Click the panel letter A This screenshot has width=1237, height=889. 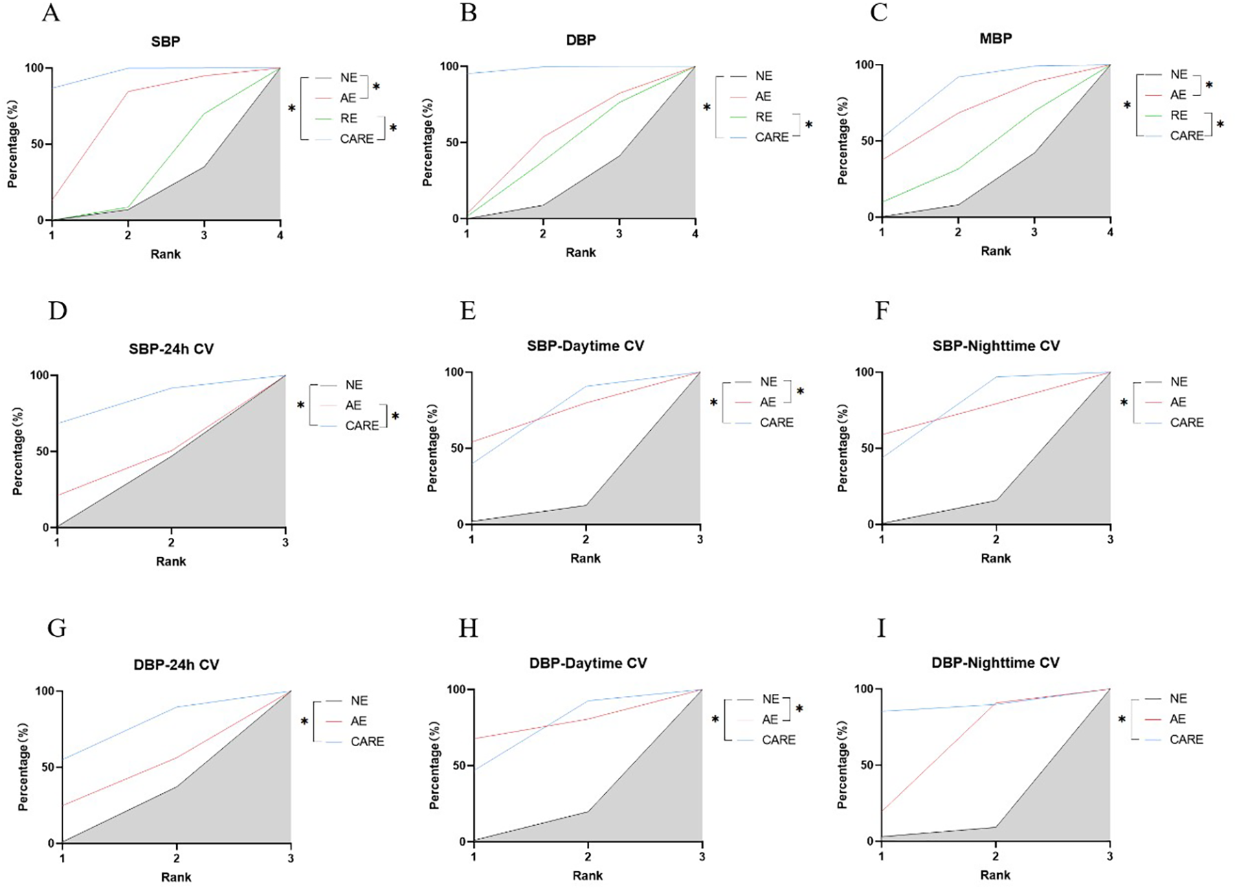pos(51,12)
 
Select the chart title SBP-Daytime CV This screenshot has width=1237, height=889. pos(585,346)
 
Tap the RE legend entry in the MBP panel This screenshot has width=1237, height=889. pos(1179,115)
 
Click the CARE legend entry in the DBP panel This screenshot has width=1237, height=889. pos(771,137)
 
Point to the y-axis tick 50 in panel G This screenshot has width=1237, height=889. pos(48,767)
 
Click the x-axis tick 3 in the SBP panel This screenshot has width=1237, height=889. pos(204,235)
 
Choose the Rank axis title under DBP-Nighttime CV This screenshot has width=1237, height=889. pos(995,875)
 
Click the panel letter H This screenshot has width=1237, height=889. pos(468,628)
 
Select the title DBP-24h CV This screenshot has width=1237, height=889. pos(176,664)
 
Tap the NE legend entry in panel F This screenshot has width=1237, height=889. pos(1179,381)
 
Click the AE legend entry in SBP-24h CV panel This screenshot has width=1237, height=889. pos(353,405)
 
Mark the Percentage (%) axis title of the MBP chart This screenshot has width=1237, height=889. pos(842,141)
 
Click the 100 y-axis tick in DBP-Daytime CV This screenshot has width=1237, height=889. pos(456,689)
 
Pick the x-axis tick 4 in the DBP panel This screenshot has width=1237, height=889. pos(695,234)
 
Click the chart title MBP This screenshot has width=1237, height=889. pos(995,38)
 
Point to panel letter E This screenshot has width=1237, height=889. pos(468,311)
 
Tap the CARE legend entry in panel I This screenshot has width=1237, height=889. pos(1186,739)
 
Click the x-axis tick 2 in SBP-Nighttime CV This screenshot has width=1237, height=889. pos(995,539)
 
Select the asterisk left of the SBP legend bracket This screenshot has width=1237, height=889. pos(292,109)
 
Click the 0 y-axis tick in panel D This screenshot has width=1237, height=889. pos(46,528)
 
